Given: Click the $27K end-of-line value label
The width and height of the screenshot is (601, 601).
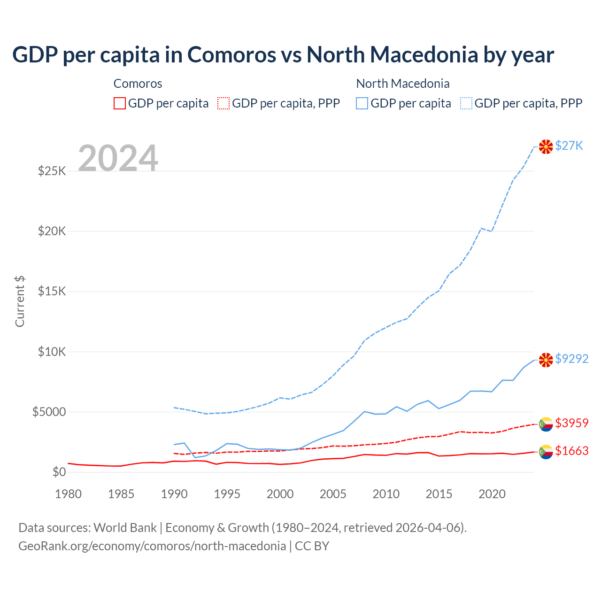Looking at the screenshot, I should coord(569,146).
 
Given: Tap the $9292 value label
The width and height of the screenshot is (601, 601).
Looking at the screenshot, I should coord(571,359).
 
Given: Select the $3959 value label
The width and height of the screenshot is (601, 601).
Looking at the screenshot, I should coord(571,423).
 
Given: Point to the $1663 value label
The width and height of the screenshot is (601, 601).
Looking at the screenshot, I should coord(571,451).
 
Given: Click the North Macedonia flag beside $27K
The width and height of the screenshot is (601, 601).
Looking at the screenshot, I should coord(546,146).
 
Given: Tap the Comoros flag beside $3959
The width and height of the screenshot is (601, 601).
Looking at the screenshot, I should coord(546,424).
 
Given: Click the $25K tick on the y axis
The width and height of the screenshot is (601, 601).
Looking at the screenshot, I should coord(52,171).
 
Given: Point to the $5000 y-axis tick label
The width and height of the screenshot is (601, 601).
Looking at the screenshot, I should coord(49,412).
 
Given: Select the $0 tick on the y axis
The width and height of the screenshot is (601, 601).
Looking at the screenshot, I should coord(59,472).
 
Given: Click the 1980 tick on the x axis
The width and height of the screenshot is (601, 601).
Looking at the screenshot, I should coord(69,494).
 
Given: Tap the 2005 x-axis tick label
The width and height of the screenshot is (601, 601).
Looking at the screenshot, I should coord(333,494).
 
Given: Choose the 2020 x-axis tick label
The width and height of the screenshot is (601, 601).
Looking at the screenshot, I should coord(492,494).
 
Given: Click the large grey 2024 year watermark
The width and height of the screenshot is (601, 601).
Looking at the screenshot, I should coord(118,158).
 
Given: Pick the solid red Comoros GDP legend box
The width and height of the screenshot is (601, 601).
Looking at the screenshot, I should coord(120,103).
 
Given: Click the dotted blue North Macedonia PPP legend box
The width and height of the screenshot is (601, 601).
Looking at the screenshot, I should coord(466,103).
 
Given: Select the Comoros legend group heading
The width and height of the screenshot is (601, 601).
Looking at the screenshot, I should coord(138,84).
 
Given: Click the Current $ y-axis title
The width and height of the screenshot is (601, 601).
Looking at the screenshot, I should coord(20,301).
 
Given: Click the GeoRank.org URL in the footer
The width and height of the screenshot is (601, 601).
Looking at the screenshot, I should coord(152,546).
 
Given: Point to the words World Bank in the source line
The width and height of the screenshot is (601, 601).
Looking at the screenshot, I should coord(125,528).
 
